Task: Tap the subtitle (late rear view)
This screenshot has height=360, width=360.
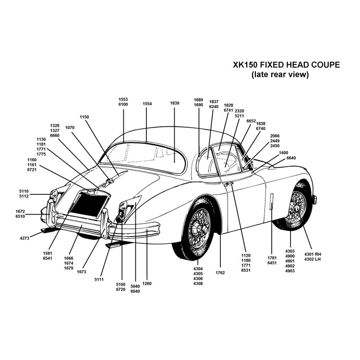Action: [279, 75]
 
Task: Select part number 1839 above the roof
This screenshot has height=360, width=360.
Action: [174, 104]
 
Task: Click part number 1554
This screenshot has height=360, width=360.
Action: [147, 104]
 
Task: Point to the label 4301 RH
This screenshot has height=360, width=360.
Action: [312, 254]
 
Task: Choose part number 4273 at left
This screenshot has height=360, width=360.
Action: [24, 238]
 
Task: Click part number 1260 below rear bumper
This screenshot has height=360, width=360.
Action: [147, 284]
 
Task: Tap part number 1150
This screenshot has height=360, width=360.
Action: [84, 117]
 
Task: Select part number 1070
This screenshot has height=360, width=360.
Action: [70, 128]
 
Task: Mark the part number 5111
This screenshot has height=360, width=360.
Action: [99, 279]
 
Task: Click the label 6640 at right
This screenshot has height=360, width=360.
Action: [291, 158]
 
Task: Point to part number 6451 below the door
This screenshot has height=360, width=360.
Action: [272, 263]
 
